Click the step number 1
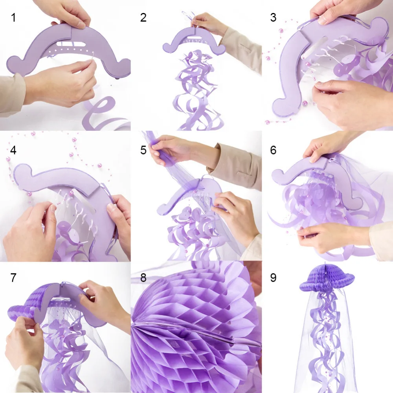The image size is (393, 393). pos(13,17)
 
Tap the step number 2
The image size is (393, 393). pos(143,17)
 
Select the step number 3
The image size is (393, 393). pos(274,17)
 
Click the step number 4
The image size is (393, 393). pos(13,150)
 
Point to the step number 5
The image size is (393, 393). pos(143,150)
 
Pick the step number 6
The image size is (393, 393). pos(274,150)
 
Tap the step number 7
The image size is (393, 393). pos(13,277)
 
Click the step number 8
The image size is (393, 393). pos(143,277)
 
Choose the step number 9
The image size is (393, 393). pos(274,277)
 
